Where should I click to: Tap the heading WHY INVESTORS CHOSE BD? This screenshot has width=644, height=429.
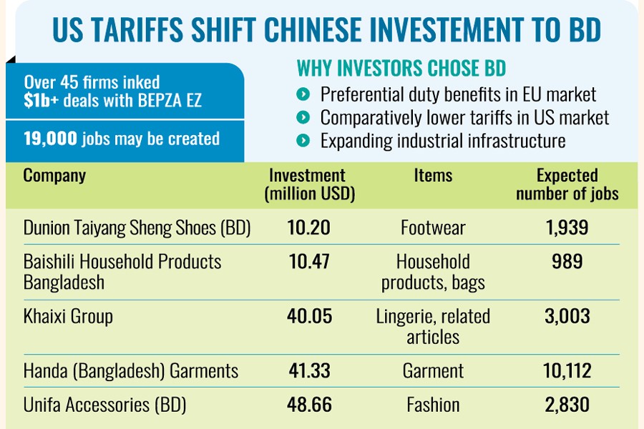[401, 69]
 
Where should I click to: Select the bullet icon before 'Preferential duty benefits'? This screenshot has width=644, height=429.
[303, 94]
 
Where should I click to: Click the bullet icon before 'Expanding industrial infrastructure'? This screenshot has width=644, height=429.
[303, 140]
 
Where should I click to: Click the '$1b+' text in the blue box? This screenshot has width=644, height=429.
[41, 101]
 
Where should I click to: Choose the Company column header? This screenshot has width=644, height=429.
[54, 175]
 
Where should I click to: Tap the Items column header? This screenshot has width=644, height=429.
[433, 175]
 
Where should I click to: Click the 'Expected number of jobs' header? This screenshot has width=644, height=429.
[567, 184]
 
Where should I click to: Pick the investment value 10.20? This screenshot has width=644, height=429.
[309, 227]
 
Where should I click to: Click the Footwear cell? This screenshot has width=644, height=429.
[433, 228]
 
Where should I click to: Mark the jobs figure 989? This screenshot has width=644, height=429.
[567, 261]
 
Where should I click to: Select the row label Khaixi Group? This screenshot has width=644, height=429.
[68, 315]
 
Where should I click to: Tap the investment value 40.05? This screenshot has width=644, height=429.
[310, 315]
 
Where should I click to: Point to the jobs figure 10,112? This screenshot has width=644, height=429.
[567, 370]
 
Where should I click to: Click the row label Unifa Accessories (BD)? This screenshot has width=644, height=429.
[104, 405]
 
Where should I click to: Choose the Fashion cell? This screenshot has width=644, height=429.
[433, 405]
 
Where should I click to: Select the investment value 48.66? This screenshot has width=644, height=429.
[310, 405]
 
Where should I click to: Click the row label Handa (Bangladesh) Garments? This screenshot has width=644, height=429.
[130, 371]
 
